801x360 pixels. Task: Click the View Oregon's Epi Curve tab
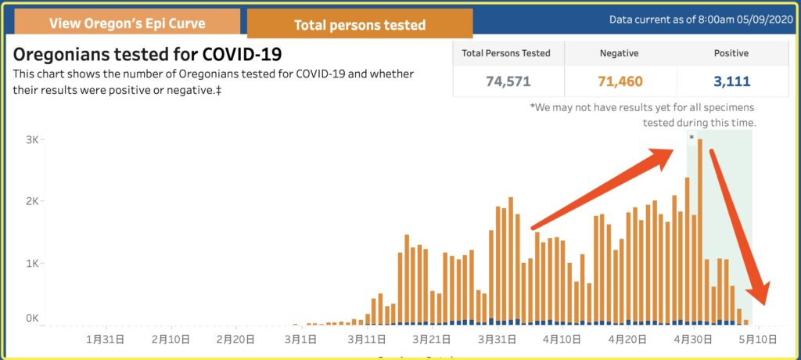click(127, 23)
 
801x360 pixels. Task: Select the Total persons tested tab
click(359, 24)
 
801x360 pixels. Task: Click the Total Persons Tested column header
click(506, 53)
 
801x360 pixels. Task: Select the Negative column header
click(619, 53)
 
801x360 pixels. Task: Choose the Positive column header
click(731, 53)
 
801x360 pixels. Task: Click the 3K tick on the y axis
click(32, 139)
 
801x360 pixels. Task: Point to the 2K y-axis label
click(32, 201)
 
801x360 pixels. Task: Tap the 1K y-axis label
click(32, 263)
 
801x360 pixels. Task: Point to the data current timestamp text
click(700, 19)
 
